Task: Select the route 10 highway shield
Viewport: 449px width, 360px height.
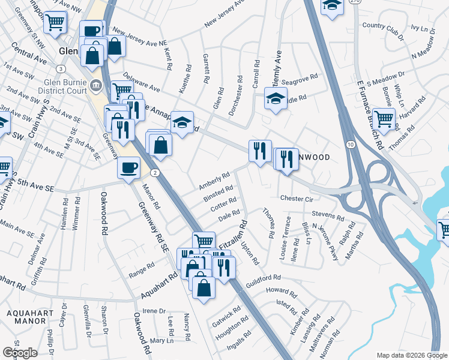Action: (x=349, y=145)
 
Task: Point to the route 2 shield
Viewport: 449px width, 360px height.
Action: (x=155, y=173)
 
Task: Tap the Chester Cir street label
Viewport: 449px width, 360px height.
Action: (x=297, y=198)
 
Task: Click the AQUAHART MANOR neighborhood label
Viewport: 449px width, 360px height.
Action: (x=26, y=317)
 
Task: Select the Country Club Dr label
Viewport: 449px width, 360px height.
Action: (x=382, y=26)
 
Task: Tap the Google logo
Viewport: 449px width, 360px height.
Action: (x=20, y=353)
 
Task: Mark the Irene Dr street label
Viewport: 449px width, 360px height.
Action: (x=154, y=311)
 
